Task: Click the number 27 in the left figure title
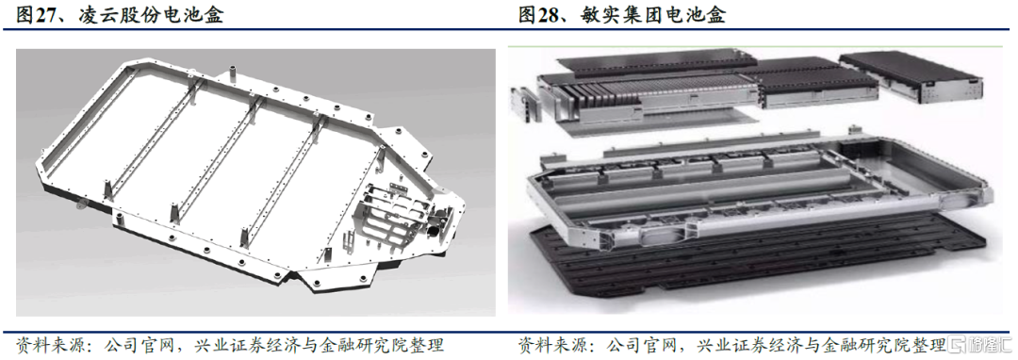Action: pos(44,14)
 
